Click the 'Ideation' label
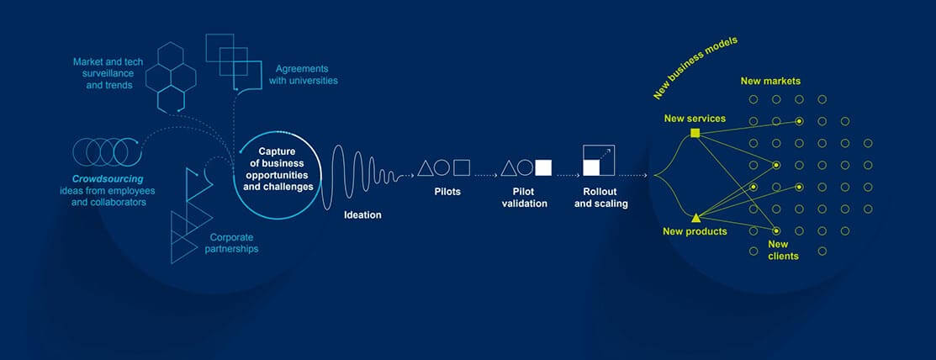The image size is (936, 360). pyautogui.click(x=362, y=215)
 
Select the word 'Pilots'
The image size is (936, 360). pyautogui.click(x=447, y=193)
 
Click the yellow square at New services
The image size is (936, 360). pyautogui.click(x=695, y=133)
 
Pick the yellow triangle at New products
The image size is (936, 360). pyautogui.click(x=695, y=217)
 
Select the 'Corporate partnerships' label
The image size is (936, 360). pyautogui.click(x=231, y=243)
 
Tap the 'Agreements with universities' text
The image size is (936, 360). pyautogui.click(x=304, y=75)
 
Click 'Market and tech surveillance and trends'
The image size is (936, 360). pyautogui.click(x=103, y=73)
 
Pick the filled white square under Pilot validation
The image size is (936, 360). pyautogui.click(x=543, y=167)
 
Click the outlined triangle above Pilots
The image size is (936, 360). pyautogui.click(x=425, y=169)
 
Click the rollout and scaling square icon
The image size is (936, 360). pyautogui.click(x=599, y=161)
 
